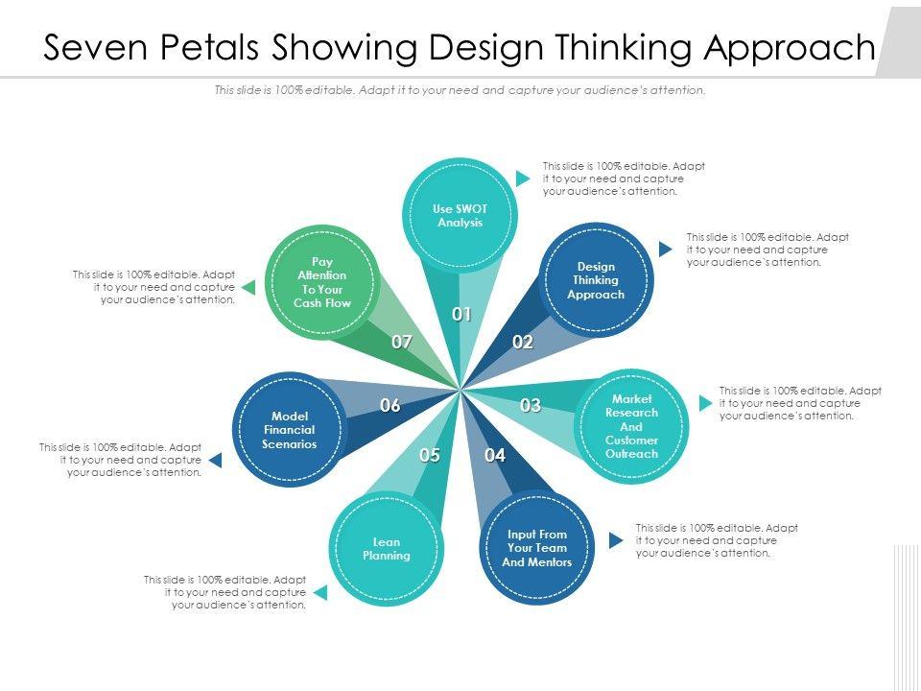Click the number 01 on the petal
tap(461, 314)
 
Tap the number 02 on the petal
tap(522, 342)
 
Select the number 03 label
tap(531, 405)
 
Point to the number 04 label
tap(495, 455)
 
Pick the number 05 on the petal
tap(429, 455)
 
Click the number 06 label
tap(390, 405)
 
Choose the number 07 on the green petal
tap(401, 342)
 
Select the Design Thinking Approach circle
tap(596, 280)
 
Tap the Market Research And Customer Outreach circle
tap(631, 426)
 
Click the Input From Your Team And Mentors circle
tap(537, 548)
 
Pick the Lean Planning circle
tap(387, 548)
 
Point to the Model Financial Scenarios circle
tap(289, 430)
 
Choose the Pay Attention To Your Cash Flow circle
tap(322, 282)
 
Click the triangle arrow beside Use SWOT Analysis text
tap(523, 179)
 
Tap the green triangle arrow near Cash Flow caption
tap(248, 287)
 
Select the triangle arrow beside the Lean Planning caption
tap(320, 592)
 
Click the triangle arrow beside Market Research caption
tap(699, 403)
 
